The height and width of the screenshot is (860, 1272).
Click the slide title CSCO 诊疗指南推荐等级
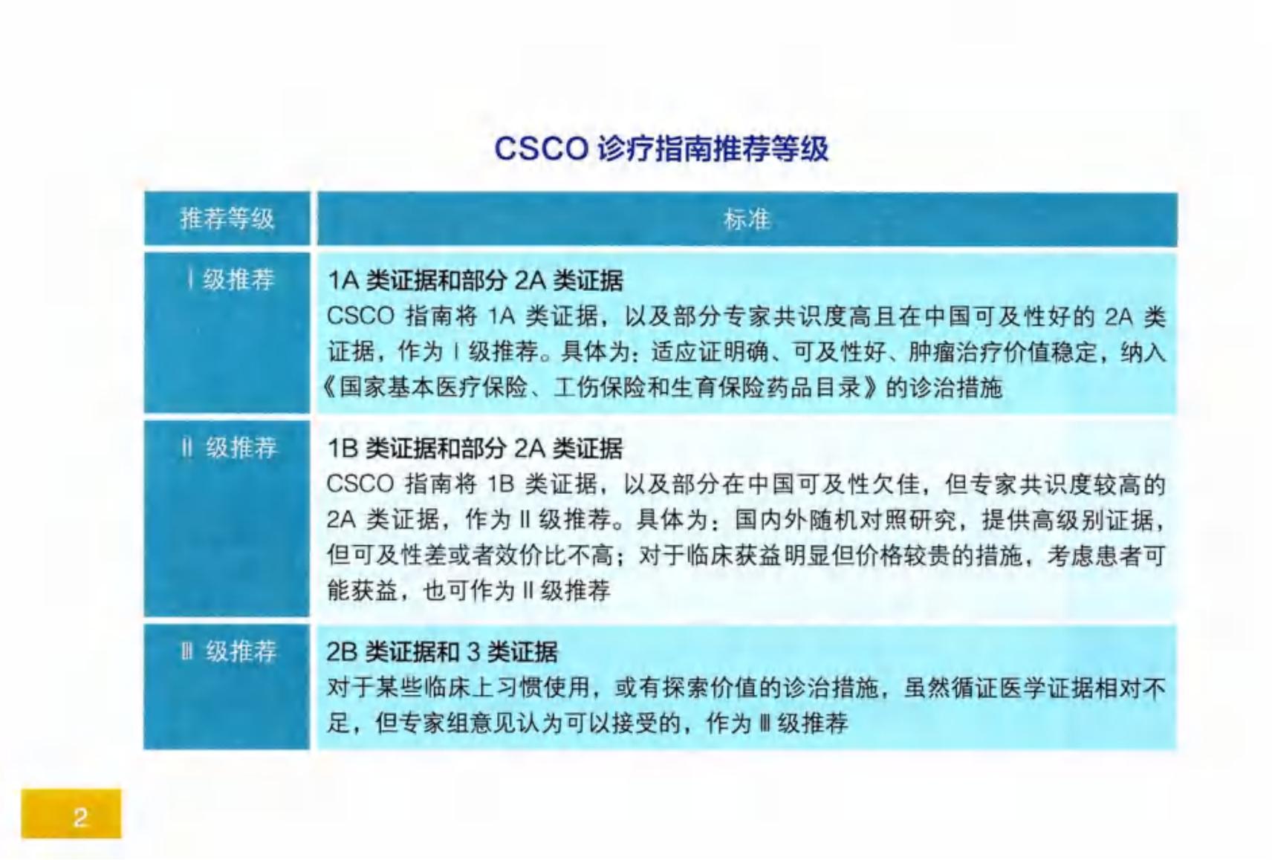pos(661,149)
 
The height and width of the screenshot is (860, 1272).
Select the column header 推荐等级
pos(227,218)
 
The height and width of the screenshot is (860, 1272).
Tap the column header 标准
pos(747,220)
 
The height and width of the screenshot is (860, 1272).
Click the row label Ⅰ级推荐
pos(231,280)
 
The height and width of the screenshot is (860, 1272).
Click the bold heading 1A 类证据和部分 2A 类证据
pos(476,281)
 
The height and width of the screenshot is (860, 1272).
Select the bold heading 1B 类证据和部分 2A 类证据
pos(475,449)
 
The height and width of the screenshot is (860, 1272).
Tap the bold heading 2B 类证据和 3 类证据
pos(442,651)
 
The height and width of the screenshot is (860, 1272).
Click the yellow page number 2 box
pos(71,813)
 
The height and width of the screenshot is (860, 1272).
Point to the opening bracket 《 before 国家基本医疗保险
pos(328,388)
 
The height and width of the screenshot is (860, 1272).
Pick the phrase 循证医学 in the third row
pos(999,688)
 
